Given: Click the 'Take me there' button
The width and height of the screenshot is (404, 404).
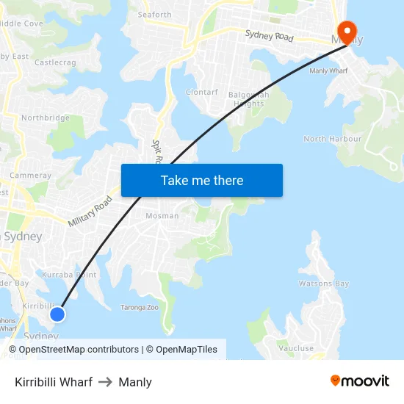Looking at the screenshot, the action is coord(202,180).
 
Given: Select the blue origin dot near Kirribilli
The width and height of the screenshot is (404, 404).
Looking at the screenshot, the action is coord(57,314).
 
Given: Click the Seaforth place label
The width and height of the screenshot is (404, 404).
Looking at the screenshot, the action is coord(154,15).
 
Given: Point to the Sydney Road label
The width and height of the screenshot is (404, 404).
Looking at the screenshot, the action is coord(269,35).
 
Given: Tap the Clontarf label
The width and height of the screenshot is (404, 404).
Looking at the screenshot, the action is coord(201,93).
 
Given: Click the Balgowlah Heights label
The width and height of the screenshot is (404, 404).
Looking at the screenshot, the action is coord(246,99).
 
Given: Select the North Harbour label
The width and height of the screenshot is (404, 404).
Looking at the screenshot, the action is coord(332,139).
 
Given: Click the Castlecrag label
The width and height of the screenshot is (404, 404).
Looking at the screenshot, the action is coord(55,63).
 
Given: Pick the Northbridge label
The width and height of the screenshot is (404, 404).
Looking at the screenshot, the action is coord(46,118).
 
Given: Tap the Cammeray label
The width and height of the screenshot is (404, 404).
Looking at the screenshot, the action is coord(31,176).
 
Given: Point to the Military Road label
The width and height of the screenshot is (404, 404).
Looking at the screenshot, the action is coord(90,211).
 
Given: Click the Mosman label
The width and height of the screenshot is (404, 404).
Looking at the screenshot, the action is coord(162,216).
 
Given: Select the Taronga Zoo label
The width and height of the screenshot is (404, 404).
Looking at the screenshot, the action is coord(140,308).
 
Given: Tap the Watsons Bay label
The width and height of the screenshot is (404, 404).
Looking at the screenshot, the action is coord(324,284).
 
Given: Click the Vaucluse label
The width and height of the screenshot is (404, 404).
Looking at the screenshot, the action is coord(296,348).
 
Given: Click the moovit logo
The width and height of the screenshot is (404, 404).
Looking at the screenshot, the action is coord(359,380).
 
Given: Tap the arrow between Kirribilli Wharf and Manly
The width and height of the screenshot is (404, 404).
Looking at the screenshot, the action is coord(105,382).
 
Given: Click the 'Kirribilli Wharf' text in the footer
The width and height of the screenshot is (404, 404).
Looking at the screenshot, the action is coord(54,382).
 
